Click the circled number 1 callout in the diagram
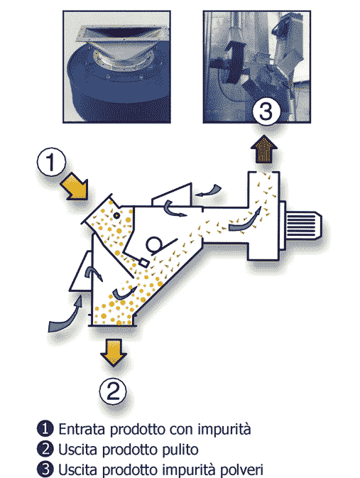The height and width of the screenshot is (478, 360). [51, 162]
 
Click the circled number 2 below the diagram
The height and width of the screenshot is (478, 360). [113, 391]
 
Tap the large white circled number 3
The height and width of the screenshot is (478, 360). [266, 112]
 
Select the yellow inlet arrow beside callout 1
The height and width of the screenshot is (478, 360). [75, 186]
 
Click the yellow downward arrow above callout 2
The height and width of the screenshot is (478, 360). [114, 352]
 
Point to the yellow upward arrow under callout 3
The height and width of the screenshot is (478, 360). [264, 149]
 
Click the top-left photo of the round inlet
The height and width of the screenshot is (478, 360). [116, 67]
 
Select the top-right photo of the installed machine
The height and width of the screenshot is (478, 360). [256, 67]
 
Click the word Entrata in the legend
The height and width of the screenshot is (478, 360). [82, 429]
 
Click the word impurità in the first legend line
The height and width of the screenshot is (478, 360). [224, 430]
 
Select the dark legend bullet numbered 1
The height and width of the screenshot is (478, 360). [45, 428]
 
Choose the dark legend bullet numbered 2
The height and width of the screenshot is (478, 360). [45, 449]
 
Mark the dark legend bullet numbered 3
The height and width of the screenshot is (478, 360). [45, 469]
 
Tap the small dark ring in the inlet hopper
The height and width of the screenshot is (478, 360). [116, 215]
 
